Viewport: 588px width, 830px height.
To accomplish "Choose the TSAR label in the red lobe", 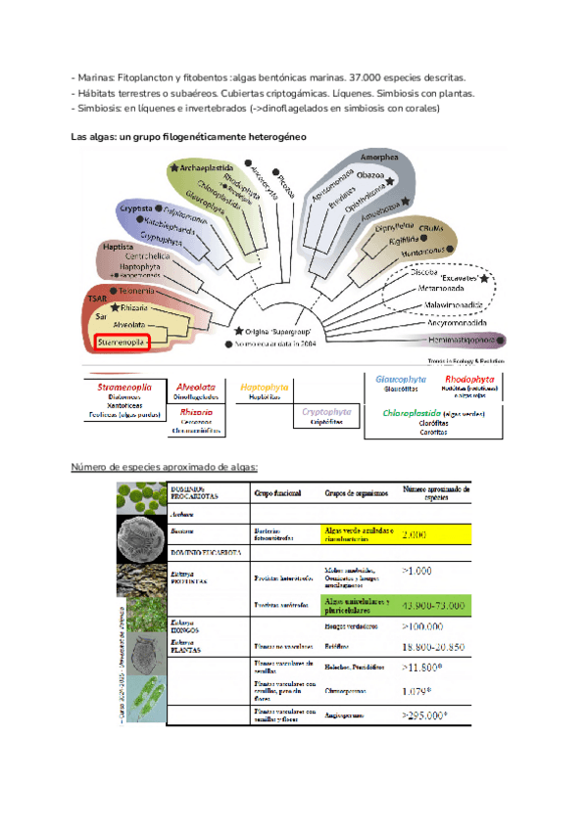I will pos(97,298).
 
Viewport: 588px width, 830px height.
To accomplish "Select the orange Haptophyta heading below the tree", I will pos(266,386).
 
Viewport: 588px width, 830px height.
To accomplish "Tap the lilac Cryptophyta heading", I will pos(327,412).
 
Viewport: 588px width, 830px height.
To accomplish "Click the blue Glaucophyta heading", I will pos(401,378).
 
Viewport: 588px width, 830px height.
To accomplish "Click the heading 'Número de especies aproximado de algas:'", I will pos(166,466).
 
